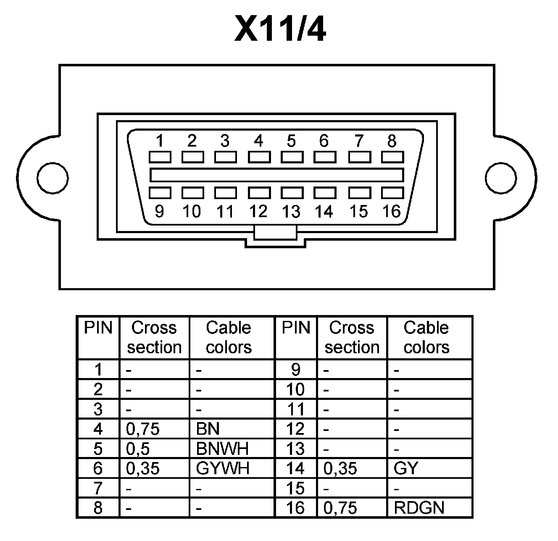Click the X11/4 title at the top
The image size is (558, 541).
click(x=280, y=29)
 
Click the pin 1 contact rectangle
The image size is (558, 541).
click(x=160, y=157)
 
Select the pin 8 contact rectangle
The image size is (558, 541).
click(x=392, y=157)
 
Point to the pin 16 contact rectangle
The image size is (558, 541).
click(x=392, y=193)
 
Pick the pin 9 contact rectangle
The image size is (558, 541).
click(x=160, y=193)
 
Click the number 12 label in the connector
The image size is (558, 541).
click(x=258, y=211)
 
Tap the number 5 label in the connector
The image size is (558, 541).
click(x=291, y=141)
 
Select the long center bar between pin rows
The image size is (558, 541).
click(x=276, y=175)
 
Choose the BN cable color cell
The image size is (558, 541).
click(x=208, y=429)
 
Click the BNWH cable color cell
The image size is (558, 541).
click(x=222, y=449)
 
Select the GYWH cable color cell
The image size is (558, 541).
click(x=223, y=468)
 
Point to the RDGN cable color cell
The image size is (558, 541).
click(x=419, y=508)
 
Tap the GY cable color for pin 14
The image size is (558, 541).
click(x=406, y=468)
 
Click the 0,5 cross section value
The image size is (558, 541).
click(x=138, y=449)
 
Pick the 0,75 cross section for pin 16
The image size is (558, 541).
click(x=340, y=508)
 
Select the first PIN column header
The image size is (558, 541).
click(x=98, y=328)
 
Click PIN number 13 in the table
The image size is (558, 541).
click(x=295, y=449)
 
